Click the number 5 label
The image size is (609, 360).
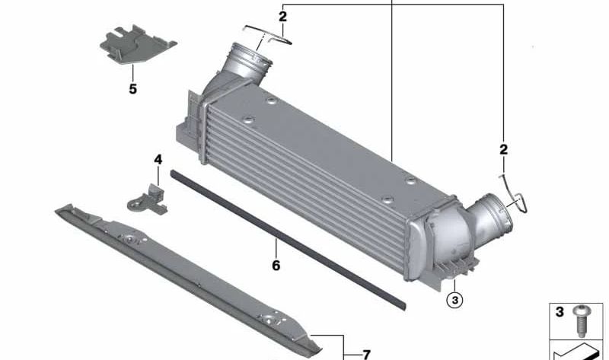pos(132,89)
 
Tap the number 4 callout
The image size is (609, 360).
pos(158,160)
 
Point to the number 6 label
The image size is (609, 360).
pos(276,266)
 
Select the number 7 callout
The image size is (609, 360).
pos(366,354)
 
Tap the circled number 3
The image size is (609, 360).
pos(454,300)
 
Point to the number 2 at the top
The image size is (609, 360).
pos(282,15)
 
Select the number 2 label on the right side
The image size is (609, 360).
pos(503,149)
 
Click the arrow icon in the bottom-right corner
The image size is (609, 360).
pos(579,352)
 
